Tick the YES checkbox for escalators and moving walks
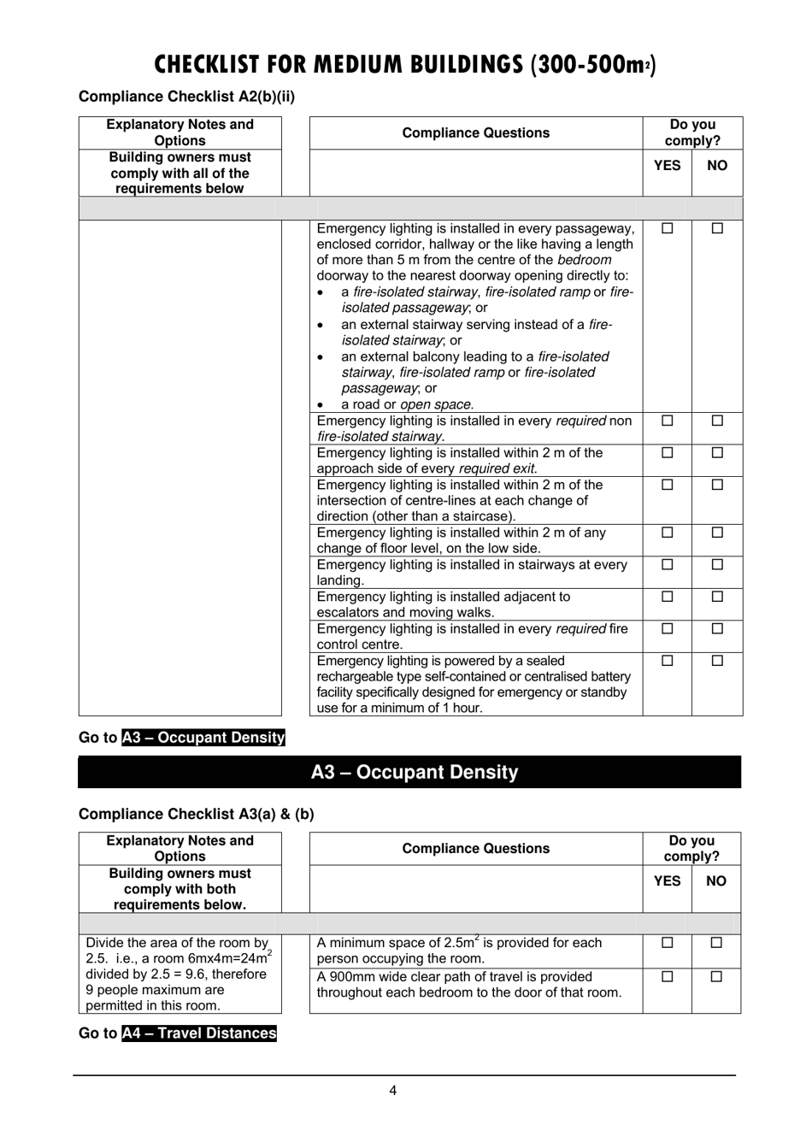coord(668,597)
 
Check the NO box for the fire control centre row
coord(717,628)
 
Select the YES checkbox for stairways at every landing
coord(668,564)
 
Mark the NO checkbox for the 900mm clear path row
coord(716,976)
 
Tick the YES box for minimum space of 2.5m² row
coord(668,943)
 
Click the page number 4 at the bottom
coord(392,1090)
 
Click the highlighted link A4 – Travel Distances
coord(199,1033)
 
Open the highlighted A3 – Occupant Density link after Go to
coord(203,738)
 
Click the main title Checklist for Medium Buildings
coord(405,65)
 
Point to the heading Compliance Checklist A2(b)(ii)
coord(186,97)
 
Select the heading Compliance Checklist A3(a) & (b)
coord(196,814)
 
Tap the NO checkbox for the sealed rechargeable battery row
coord(717,661)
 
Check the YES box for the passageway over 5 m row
coord(668,228)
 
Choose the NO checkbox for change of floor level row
coord(717,533)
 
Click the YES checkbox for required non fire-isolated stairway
coord(668,421)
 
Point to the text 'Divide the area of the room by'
coord(177,943)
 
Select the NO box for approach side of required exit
coord(717,453)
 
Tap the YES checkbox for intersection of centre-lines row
coord(668,485)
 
